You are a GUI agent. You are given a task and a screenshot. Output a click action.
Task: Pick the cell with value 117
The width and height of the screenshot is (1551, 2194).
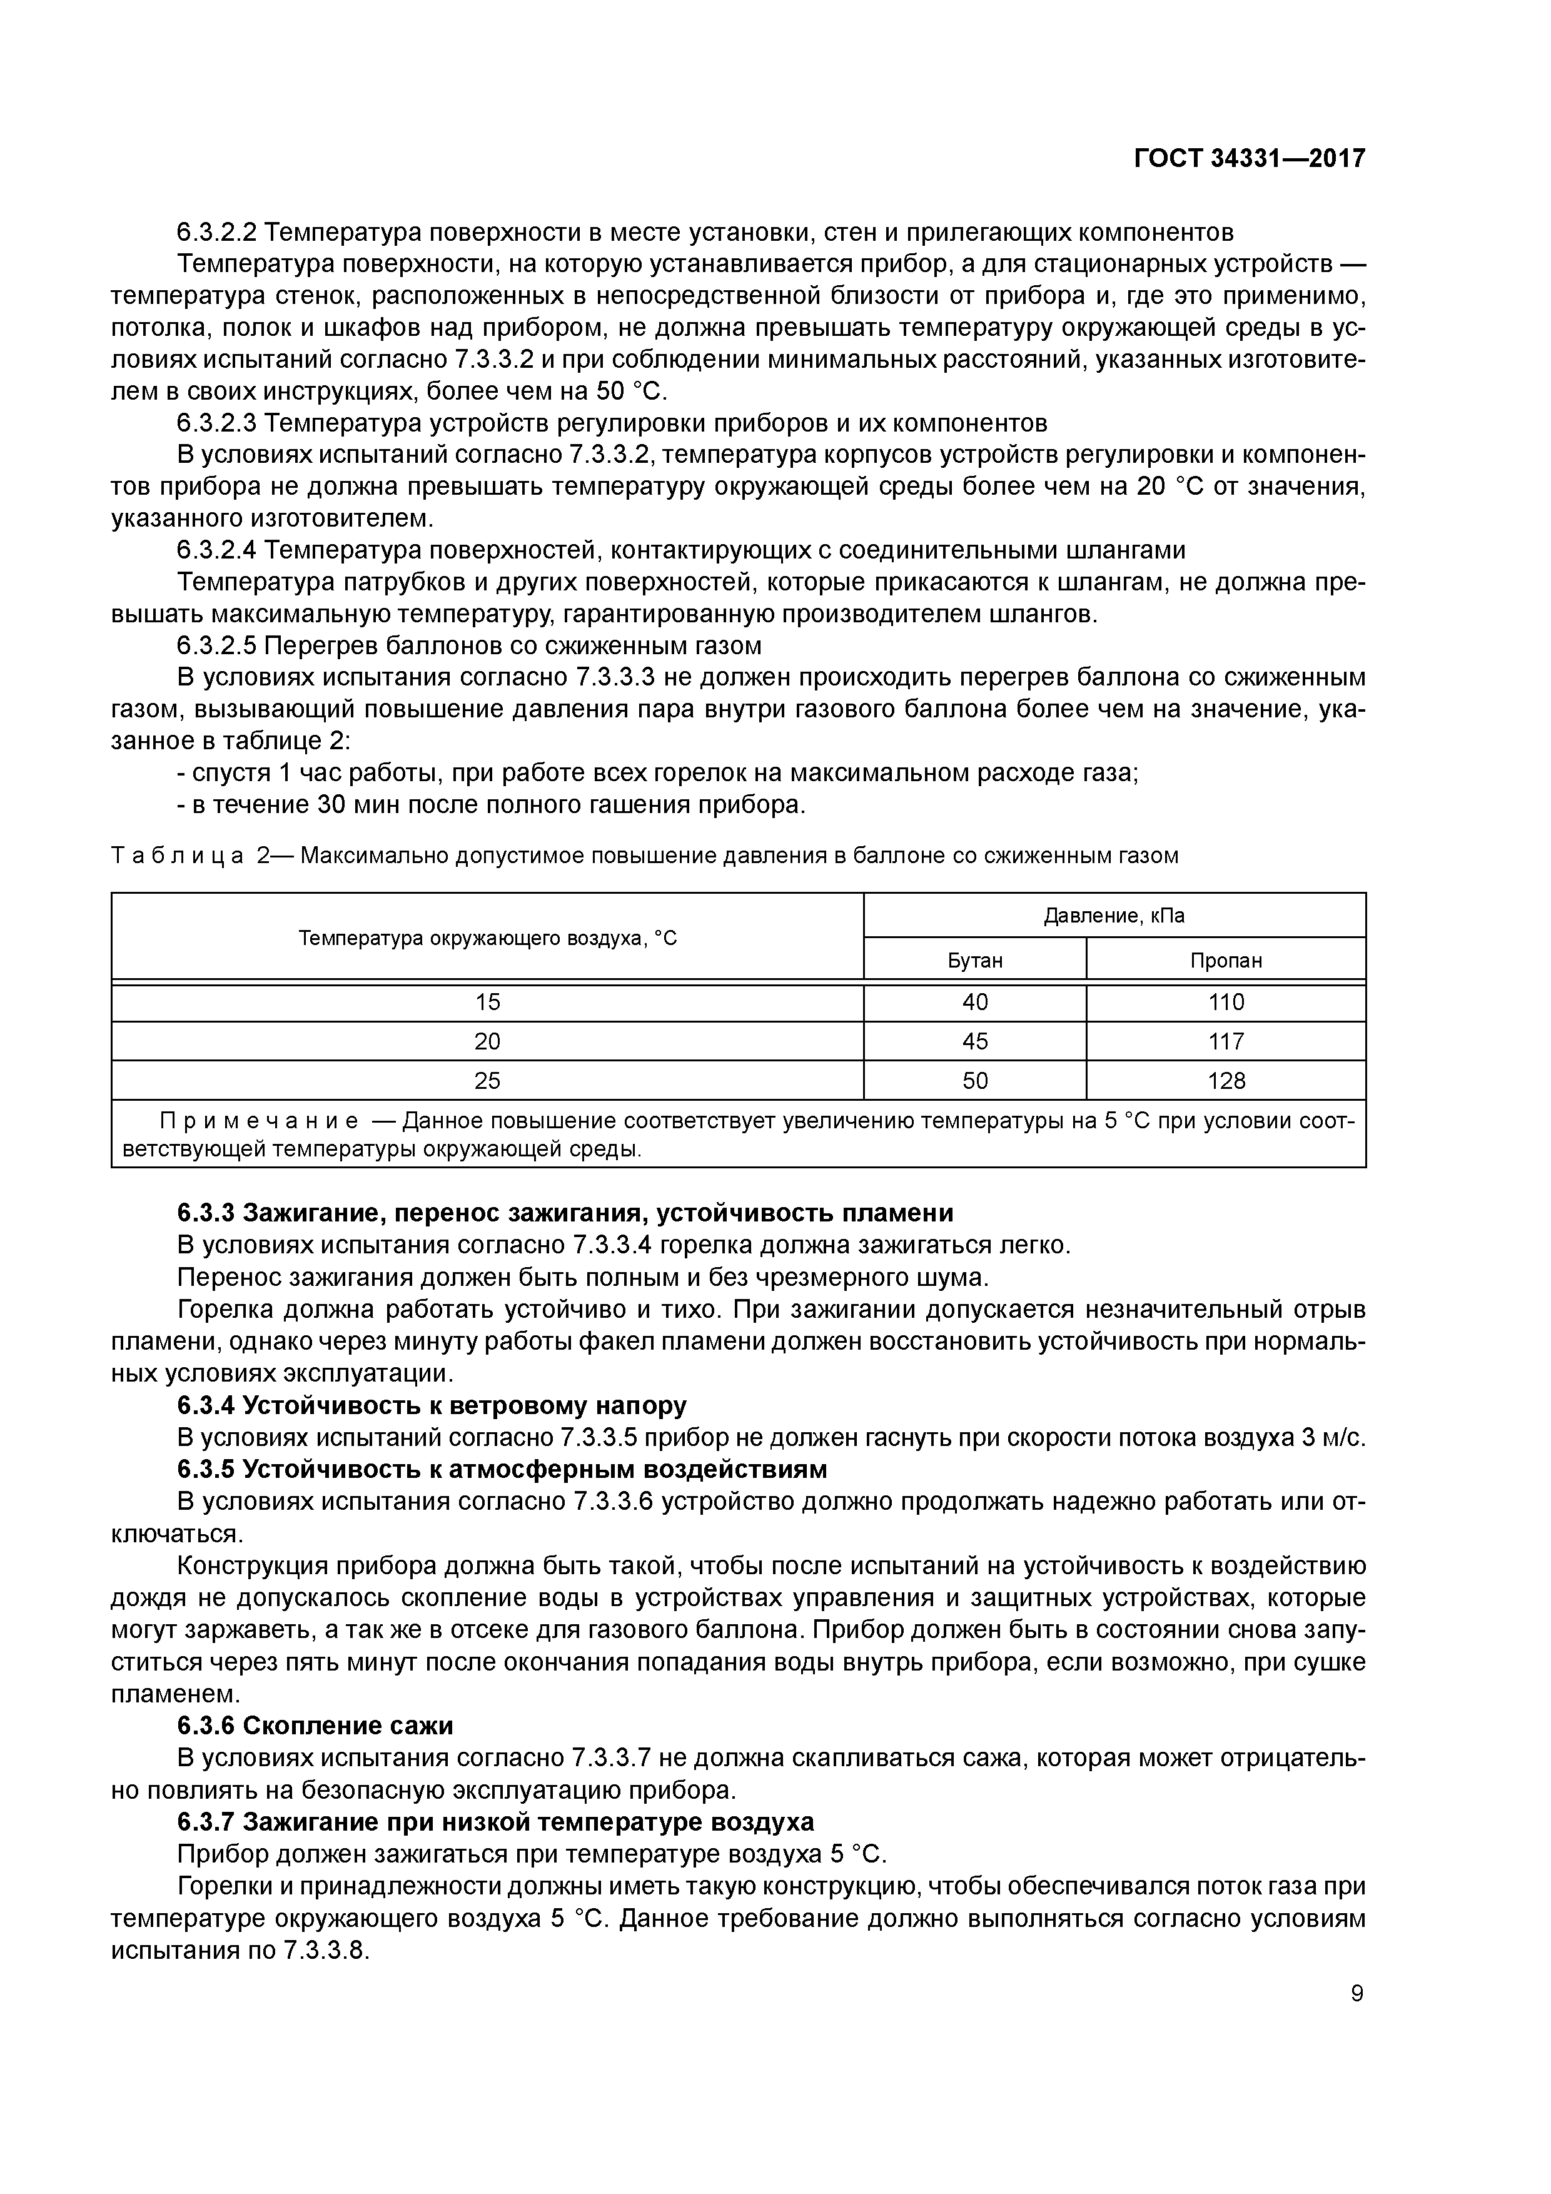1226,1041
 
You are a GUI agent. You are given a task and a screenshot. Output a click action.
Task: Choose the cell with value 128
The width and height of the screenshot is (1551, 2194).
1226,1081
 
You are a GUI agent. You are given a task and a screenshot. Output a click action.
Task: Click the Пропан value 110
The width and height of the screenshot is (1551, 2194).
1226,1001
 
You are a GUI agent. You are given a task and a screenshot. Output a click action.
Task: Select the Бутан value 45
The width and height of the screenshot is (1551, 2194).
975,1041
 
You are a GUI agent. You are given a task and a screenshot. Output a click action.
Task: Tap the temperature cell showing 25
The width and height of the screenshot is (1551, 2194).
487,1081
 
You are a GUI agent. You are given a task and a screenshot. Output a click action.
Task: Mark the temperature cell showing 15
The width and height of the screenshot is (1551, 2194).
487,1001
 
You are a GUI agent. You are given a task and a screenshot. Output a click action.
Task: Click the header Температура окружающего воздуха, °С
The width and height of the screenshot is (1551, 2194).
487,938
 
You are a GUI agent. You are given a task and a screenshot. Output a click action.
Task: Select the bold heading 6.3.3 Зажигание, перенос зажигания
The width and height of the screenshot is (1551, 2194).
565,1213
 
